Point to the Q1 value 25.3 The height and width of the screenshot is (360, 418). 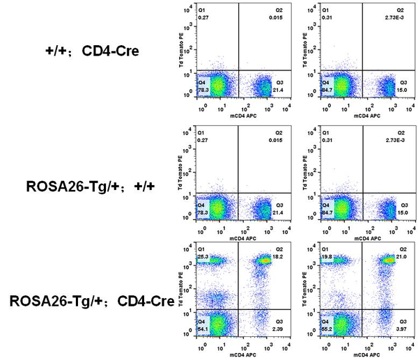tap(203, 256)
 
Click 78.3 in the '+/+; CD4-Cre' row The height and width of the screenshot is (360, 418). tap(203, 88)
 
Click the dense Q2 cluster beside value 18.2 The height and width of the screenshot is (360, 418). tap(265, 261)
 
